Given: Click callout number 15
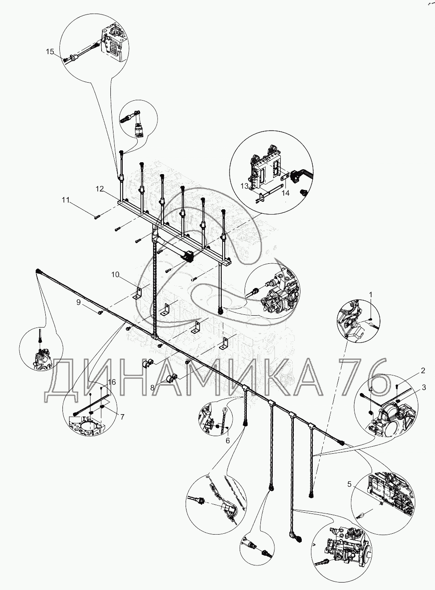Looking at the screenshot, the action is (50, 51).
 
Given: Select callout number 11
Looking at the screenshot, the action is (66, 200).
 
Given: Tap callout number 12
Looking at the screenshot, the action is (100, 189).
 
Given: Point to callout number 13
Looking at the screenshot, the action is (244, 186).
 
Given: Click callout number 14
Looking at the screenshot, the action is (285, 193).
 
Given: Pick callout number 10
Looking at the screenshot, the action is (115, 275).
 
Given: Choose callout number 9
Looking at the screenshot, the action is (79, 302).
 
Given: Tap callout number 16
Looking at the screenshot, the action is (112, 382).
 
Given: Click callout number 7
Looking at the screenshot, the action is (122, 417).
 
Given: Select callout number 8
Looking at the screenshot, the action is (152, 387).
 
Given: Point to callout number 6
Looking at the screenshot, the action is (228, 441).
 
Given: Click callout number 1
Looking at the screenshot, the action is (371, 295).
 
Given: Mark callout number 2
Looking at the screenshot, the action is (423, 371).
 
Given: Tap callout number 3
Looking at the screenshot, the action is (424, 387).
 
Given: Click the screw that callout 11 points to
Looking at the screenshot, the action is (97, 217).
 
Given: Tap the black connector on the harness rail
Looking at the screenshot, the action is (188, 255).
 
